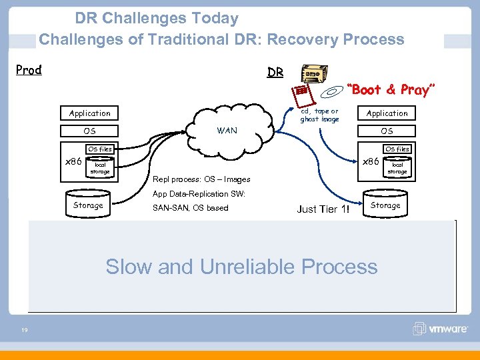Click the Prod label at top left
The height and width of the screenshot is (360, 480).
pos(29,70)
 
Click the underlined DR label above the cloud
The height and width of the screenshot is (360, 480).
pos(275,72)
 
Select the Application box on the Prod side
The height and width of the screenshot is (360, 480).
pos(90,113)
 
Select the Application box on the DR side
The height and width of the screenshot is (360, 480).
pos(387,113)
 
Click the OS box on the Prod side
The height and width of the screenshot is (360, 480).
pos(90,131)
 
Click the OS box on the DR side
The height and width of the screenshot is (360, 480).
pos(387,131)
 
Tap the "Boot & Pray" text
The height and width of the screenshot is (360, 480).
pos(393,89)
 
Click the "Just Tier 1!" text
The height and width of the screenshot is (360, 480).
pos(323,209)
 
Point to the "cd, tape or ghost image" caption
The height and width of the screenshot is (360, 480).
pos(319,115)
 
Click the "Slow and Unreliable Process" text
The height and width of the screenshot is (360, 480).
pos(241,267)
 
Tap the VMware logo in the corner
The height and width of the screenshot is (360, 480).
pos(441,329)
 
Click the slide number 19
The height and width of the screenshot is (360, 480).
pos(24,329)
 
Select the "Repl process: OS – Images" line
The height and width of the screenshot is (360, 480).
pos(201,179)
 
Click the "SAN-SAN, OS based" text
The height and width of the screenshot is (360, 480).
pos(190,208)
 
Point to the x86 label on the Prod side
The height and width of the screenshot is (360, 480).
pos(72,161)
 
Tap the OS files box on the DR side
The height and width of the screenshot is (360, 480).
pos(397,149)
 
